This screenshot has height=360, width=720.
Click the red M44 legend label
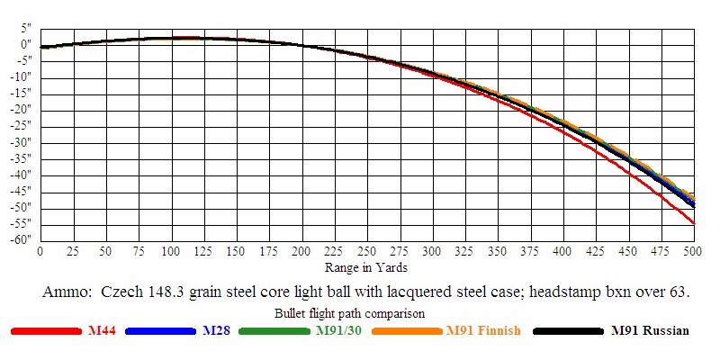tap(101, 331)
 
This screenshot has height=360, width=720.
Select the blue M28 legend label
tap(216, 331)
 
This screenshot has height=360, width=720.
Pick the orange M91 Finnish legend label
tap(483, 331)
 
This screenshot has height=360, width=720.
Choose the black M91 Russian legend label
tap(650, 331)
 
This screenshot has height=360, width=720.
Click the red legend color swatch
tap(46, 331)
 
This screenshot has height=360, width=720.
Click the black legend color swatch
tap(568, 331)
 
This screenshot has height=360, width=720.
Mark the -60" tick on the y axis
tap(22, 239)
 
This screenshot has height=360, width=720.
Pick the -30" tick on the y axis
tap(22, 142)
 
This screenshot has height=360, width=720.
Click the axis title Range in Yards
tap(366, 267)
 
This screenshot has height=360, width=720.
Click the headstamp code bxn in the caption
tap(616, 292)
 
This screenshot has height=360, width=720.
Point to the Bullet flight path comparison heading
tap(349, 313)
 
